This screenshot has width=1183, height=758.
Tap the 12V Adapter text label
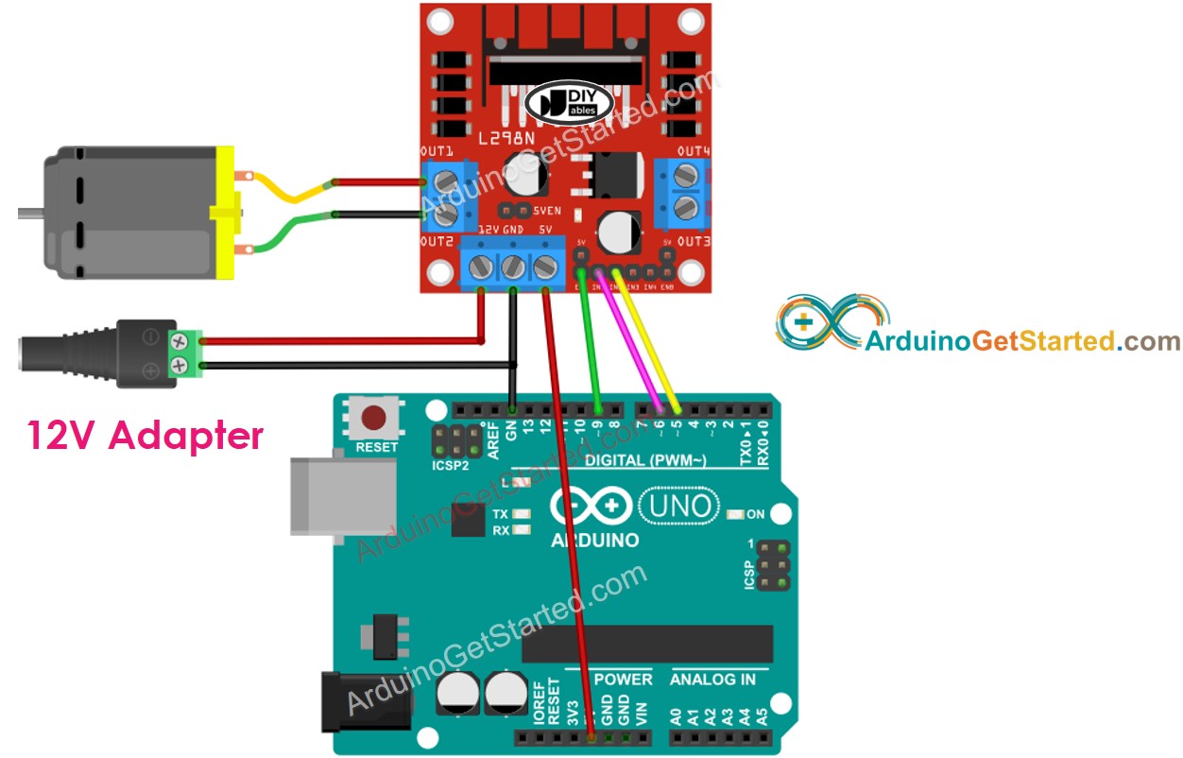click(x=145, y=435)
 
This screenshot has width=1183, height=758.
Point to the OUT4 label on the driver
click(x=693, y=151)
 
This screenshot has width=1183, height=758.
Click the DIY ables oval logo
click(x=563, y=102)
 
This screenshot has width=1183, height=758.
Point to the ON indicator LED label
click(x=756, y=515)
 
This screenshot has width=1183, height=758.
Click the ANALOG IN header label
click(x=712, y=679)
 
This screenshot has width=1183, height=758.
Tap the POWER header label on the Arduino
click(x=623, y=679)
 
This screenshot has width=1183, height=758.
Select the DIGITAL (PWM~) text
click(x=645, y=460)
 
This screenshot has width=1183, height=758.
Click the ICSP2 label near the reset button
click(x=449, y=464)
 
